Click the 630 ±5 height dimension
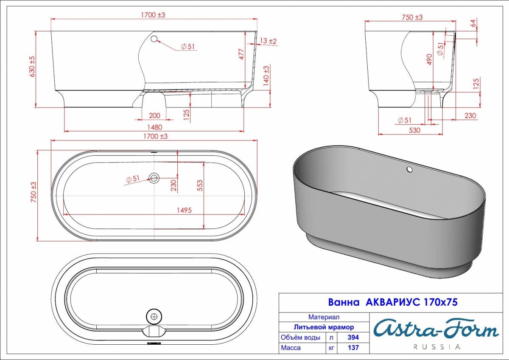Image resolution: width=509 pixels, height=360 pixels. (32, 66)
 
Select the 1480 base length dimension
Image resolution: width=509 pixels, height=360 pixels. (155, 127)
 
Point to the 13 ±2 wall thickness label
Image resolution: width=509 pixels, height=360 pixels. (268, 41)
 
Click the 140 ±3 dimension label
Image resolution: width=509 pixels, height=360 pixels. (266, 76)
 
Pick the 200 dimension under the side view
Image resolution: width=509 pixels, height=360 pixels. (154, 115)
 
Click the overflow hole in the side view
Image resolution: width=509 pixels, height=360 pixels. (154, 39)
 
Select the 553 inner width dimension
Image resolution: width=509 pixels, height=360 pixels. (200, 186)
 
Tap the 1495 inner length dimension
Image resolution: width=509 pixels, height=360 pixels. (184, 210)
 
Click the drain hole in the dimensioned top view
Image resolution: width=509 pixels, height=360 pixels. (154, 177)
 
